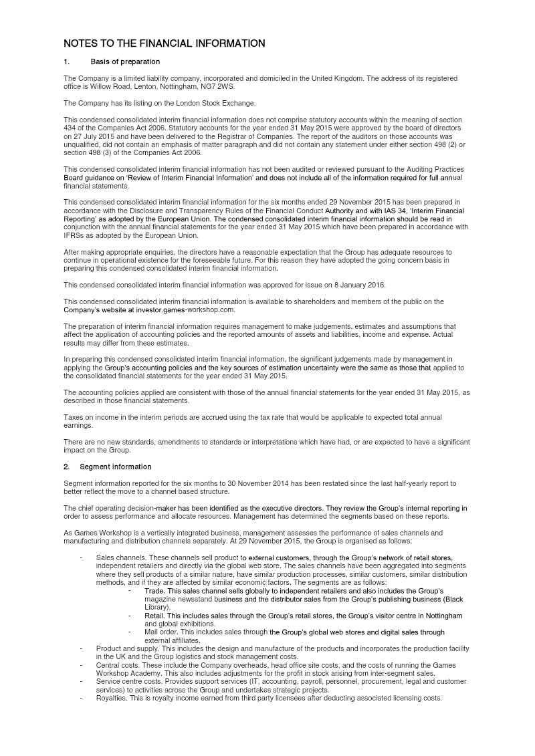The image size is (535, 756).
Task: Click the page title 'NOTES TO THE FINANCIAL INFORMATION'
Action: tap(164, 44)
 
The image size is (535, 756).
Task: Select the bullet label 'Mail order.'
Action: tap(162, 632)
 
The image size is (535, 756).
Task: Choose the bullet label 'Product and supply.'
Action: tap(127, 649)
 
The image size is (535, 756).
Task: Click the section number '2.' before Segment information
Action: tap(66, 467)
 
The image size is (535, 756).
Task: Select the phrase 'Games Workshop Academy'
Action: tap(123, 673)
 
